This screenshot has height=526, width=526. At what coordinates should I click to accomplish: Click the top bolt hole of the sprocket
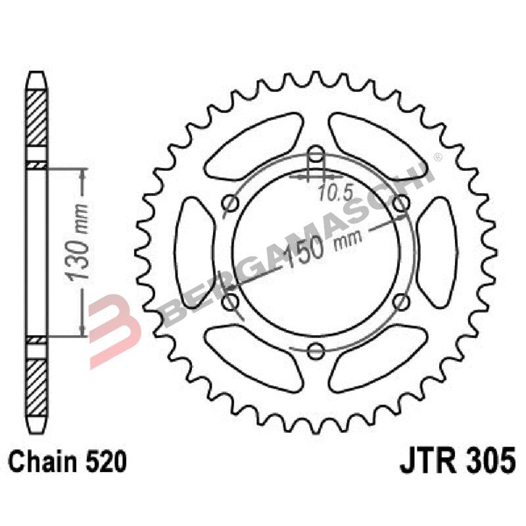click(x=316, y=156)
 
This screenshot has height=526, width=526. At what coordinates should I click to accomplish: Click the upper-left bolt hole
click(x=230, y=204)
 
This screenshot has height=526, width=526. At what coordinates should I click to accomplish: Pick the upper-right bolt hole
click(x=400, y=204)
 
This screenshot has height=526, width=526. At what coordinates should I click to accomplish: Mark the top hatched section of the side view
click(x=37, y=118)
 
